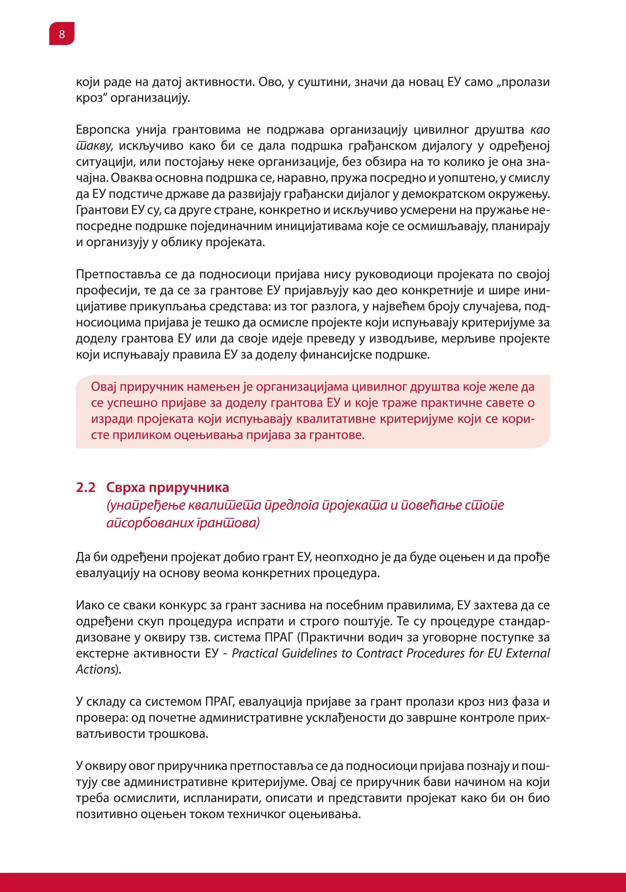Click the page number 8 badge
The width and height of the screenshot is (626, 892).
pyautogui.click(x=62, y=34)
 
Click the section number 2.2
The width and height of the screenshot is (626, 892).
pyautogui.click(x=86, y=487)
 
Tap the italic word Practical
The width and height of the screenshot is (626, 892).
pyautogui.click(x=255, y=653)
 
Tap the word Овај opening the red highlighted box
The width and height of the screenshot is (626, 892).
pyautogui.click(x=104, y=387)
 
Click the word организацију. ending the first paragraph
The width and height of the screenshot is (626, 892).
pyautogui.click(x=150, y=98)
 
